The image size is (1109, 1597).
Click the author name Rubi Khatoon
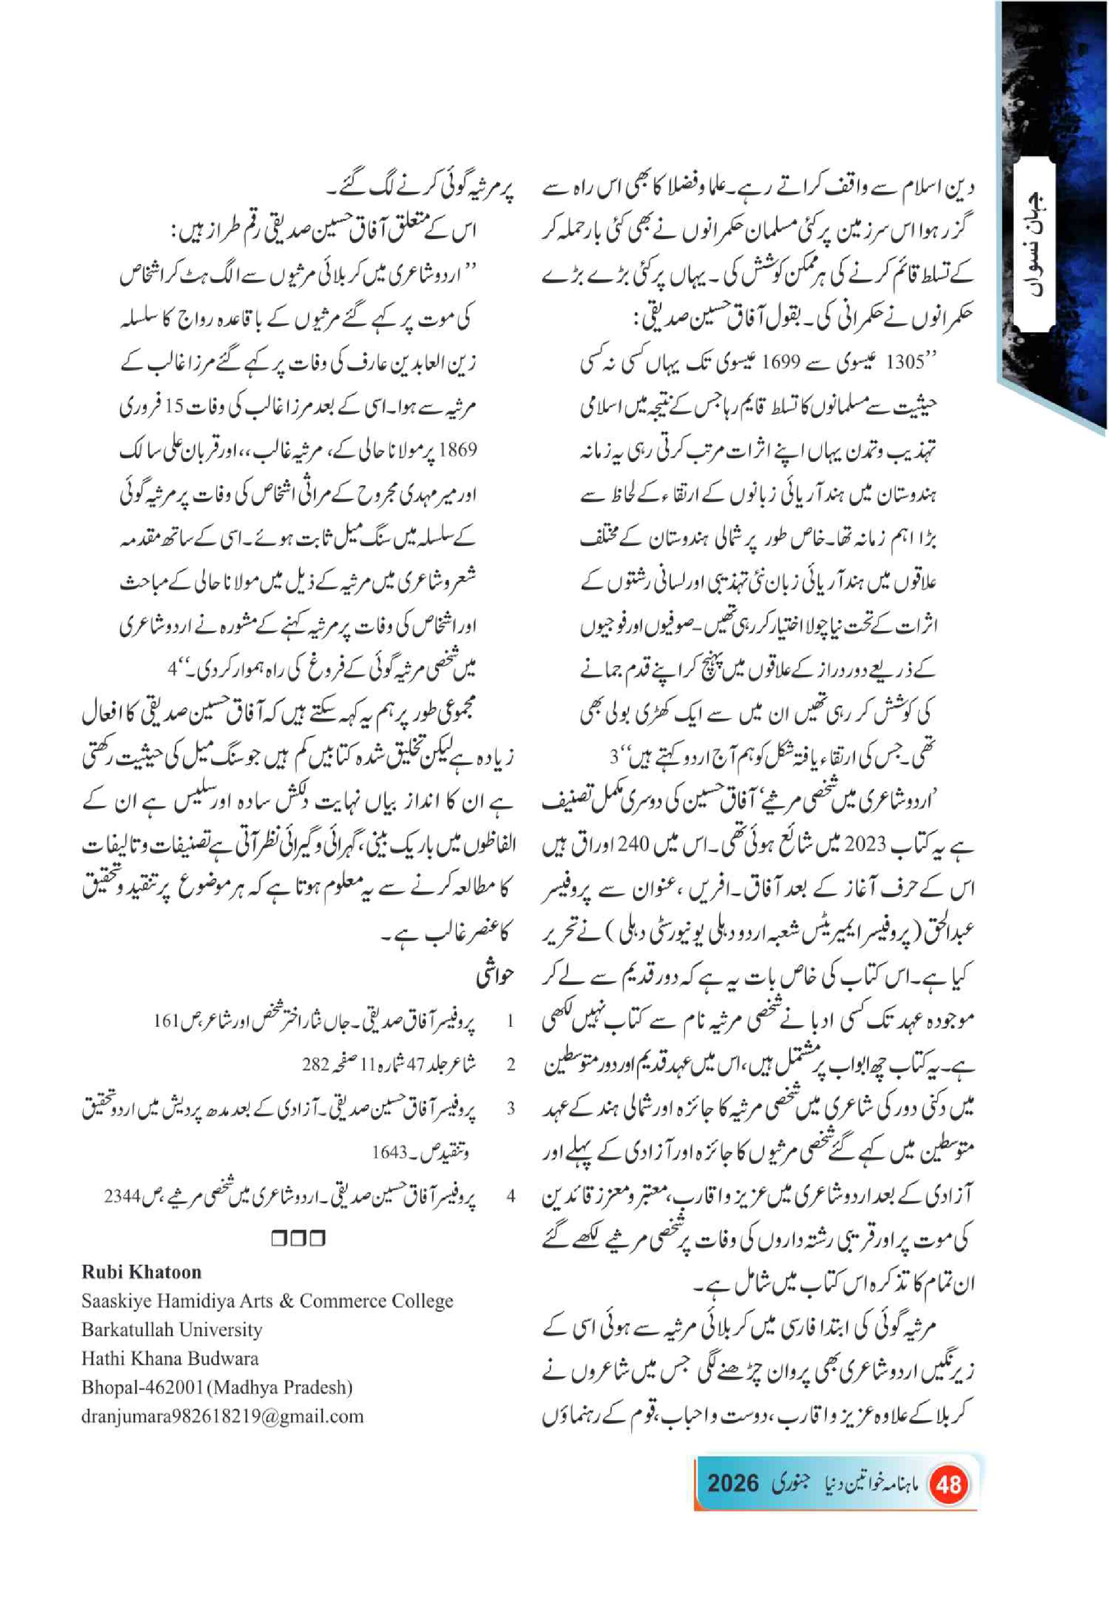141,1272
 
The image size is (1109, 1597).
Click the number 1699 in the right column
784,363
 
